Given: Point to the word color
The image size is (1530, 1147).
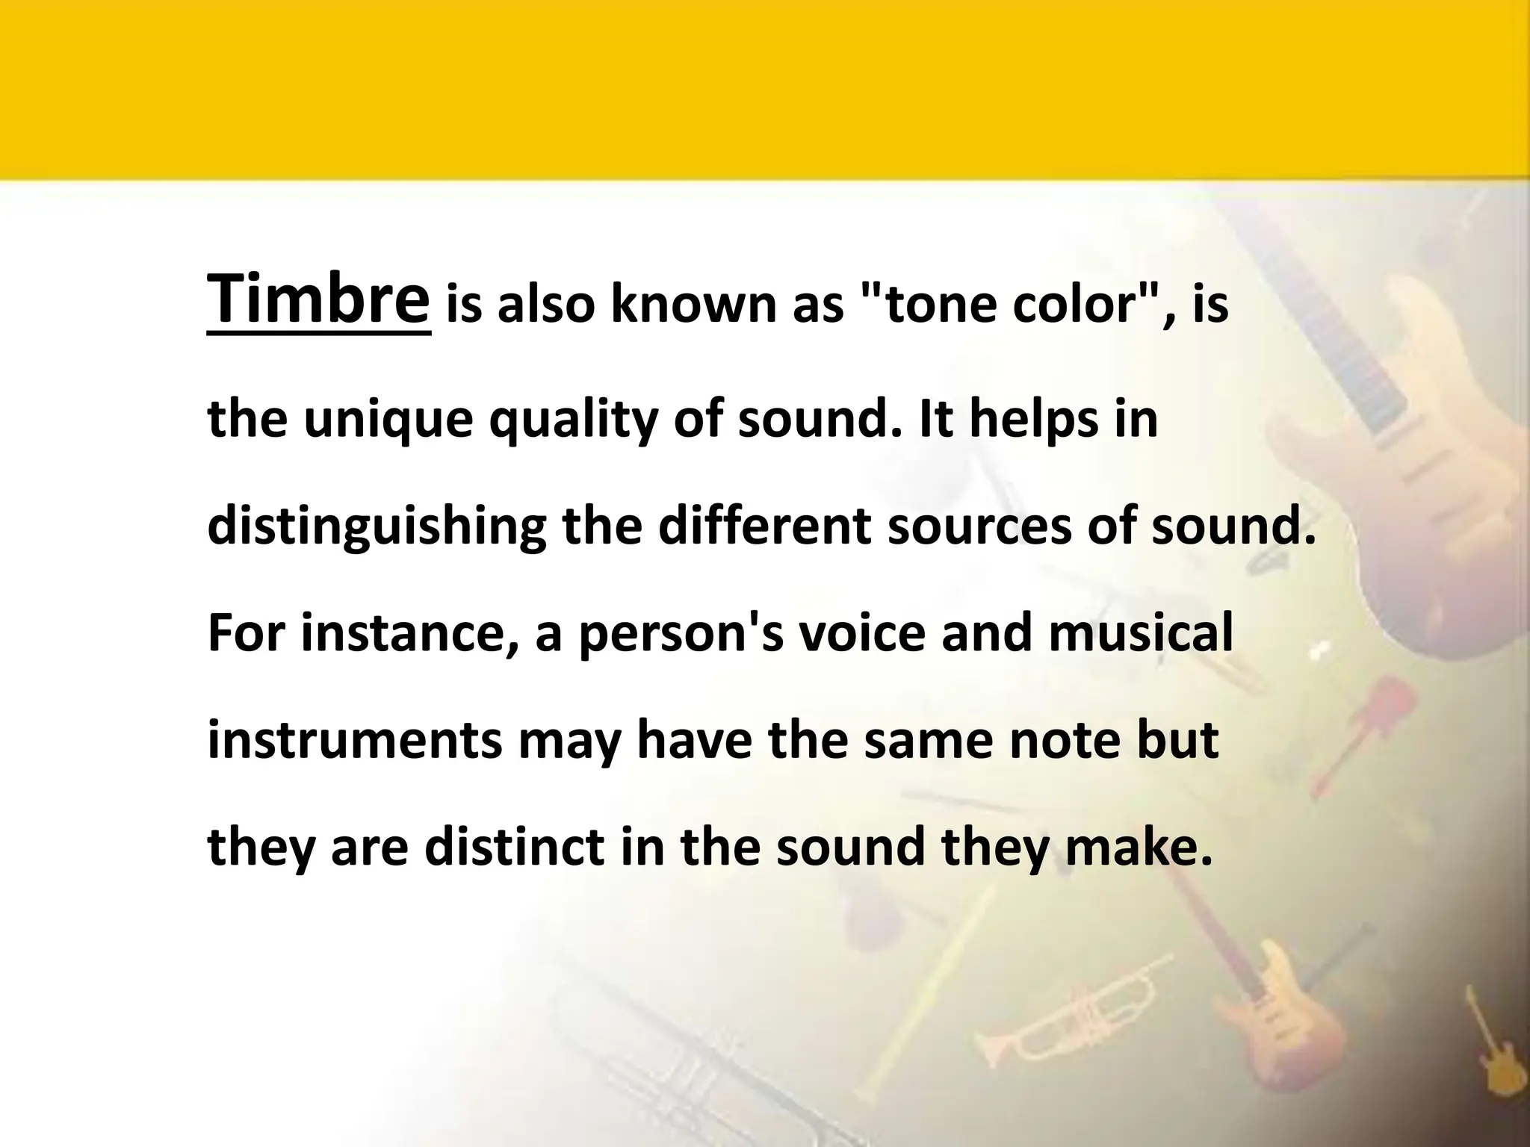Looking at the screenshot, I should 1075,305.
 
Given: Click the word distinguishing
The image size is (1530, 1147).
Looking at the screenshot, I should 377,527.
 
